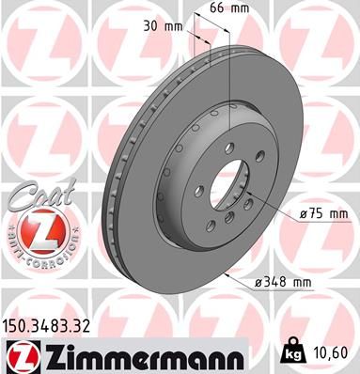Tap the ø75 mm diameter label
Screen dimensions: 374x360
323,214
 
